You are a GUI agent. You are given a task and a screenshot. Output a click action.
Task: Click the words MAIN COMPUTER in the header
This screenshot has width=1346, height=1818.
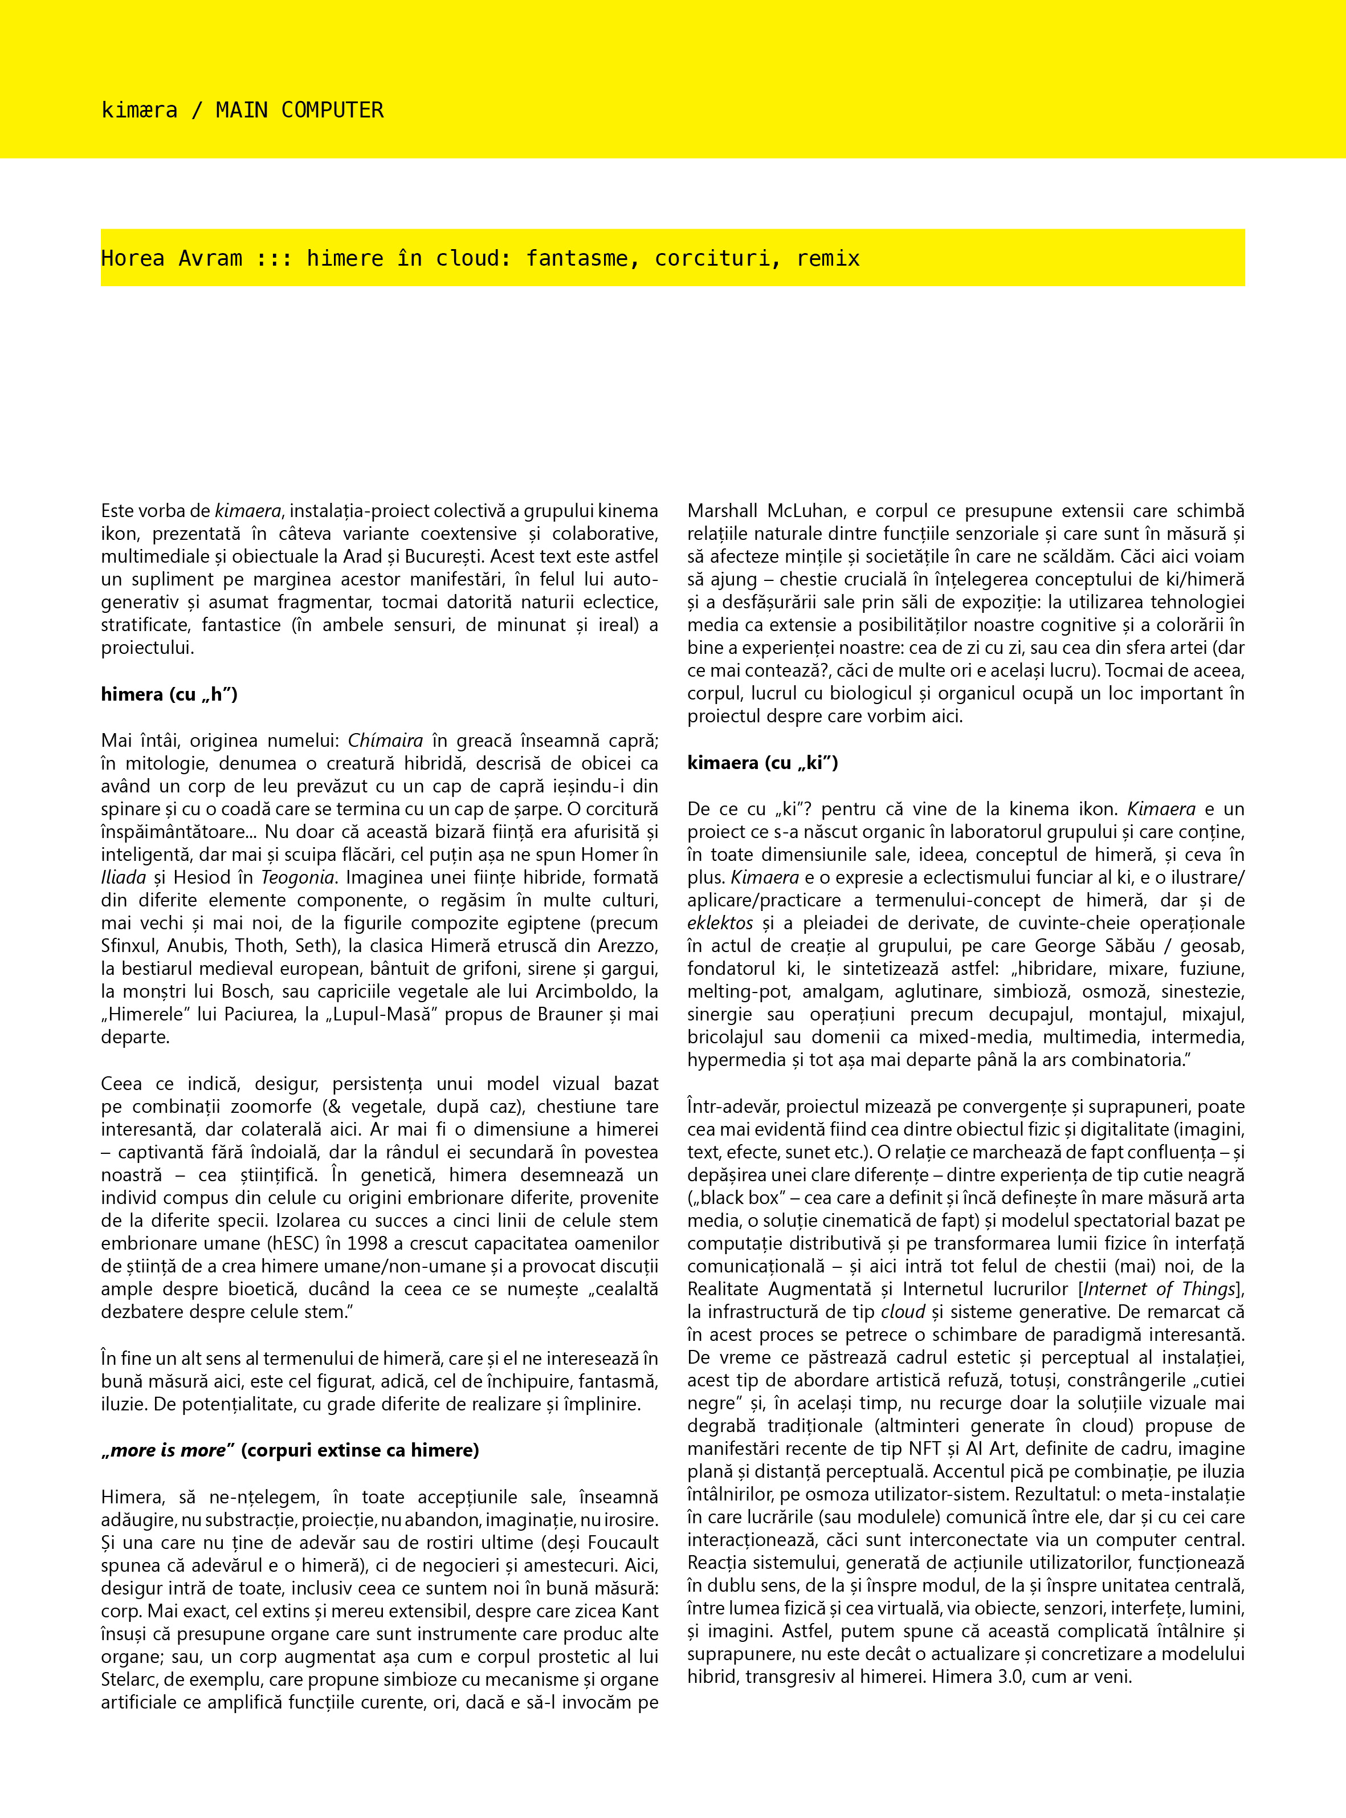299,110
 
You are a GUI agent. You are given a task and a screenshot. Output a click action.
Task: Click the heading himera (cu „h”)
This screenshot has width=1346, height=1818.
169,694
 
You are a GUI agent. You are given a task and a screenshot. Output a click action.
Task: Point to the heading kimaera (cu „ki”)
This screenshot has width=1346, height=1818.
762,763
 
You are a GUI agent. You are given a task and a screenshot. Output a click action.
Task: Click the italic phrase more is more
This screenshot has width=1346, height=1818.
168,1450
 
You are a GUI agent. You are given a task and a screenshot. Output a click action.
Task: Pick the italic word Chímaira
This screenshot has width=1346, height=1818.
385,741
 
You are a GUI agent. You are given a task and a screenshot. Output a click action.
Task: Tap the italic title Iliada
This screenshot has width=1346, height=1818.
124,877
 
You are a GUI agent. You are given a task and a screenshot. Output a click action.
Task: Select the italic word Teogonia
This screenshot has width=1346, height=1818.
297,877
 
